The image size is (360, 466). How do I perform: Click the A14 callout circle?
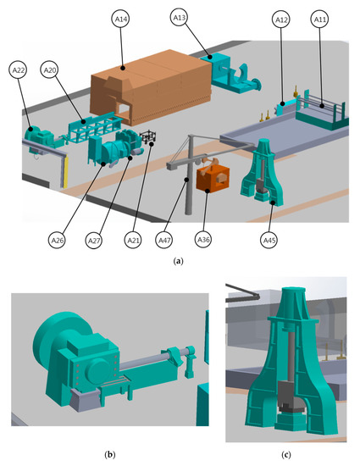(121, 19)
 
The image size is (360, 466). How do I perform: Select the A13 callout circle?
(179, 18)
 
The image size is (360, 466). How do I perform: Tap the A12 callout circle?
(280, 19)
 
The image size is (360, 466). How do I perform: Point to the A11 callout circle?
(319, 19)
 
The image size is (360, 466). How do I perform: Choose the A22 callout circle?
(18, 69)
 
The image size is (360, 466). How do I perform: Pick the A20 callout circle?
(49, 69)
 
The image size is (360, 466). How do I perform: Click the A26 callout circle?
(58, 240)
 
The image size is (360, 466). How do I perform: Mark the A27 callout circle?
(94, 240)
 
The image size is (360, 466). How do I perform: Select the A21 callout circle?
(133, 240)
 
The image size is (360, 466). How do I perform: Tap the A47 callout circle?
(164, 240)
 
